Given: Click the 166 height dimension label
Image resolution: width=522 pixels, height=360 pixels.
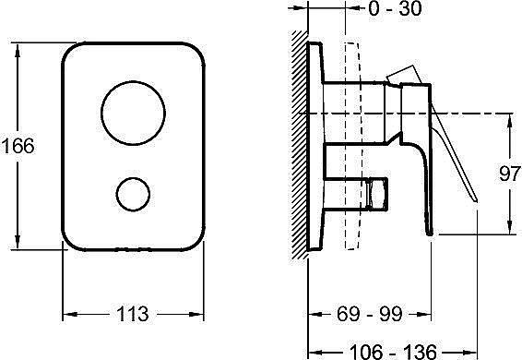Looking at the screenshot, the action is point(18,146).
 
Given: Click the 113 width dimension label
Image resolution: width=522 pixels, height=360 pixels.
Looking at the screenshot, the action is point(133,314).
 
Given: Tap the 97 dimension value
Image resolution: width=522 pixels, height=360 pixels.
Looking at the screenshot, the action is point(510,174).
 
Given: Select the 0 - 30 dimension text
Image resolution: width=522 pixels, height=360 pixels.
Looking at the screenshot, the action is point(395,8).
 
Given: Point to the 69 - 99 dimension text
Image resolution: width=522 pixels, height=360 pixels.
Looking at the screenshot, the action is point(370,314).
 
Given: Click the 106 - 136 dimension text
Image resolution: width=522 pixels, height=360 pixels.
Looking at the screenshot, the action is point(393,352).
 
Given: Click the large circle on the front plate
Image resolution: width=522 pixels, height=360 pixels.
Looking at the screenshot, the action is point(101,114).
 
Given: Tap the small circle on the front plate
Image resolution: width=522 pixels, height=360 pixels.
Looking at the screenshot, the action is point(116,195).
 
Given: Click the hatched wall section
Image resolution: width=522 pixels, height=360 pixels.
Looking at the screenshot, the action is point(300,145).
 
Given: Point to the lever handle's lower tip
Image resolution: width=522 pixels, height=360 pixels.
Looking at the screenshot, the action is point(477,201).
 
